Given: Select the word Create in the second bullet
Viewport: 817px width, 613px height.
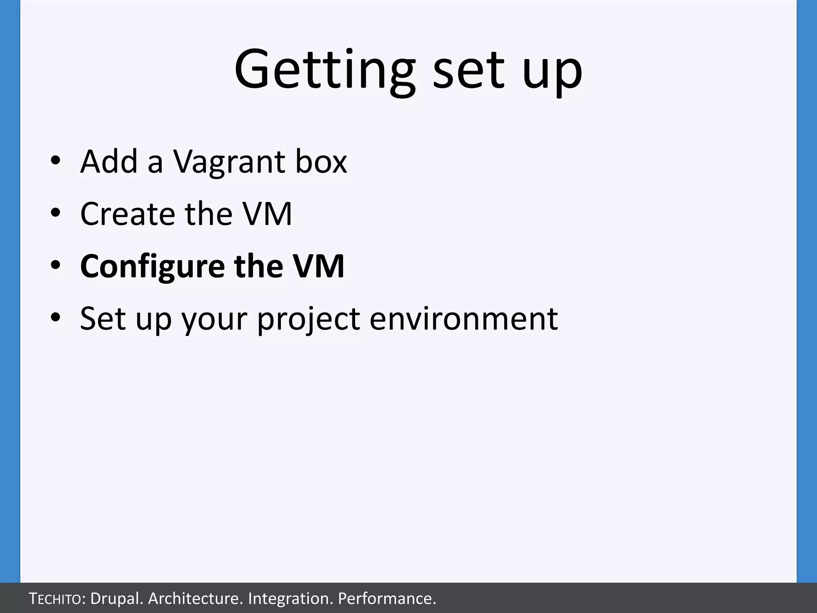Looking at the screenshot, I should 128,214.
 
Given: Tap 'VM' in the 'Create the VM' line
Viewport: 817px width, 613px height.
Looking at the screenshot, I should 268,214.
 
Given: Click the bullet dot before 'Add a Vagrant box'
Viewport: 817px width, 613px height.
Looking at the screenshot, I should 55,161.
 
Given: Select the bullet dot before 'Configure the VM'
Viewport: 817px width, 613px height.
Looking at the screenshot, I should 55,265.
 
